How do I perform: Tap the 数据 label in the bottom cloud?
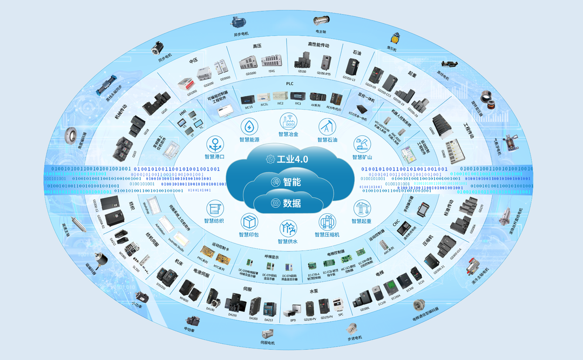click(x=292, y=203)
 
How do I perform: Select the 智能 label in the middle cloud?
click(x=292, y=182)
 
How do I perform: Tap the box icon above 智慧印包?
click(x=249, y=222)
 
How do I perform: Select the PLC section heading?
click(x=290, y=84)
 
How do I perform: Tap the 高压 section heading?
click(x=257, y=47)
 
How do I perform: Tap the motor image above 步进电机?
click(x=352, y=328)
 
